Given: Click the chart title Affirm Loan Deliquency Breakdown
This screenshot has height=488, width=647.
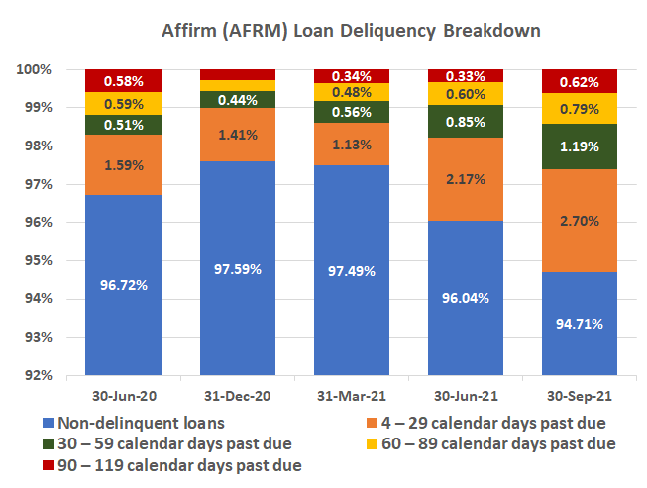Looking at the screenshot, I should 352,30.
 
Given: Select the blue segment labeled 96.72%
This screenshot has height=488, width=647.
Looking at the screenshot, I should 124,285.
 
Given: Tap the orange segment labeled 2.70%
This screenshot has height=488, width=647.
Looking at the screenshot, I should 579,221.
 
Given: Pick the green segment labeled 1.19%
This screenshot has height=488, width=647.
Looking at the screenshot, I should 579,146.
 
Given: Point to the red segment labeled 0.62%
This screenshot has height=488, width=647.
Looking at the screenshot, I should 579,81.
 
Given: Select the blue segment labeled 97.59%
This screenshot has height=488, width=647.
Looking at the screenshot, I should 238,268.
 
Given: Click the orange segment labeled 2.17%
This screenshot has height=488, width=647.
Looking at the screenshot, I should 465,179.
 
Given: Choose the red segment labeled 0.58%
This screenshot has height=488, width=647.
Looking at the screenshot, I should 124,80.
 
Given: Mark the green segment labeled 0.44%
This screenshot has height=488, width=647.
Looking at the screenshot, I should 238,99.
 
